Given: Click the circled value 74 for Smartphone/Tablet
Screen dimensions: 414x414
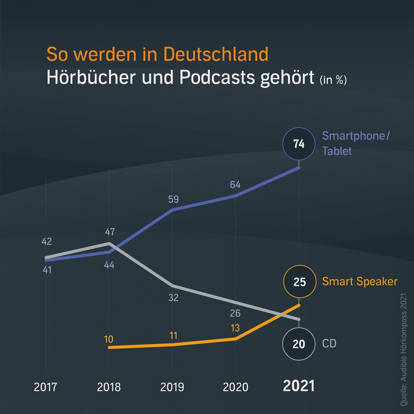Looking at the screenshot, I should (x=299, y=144).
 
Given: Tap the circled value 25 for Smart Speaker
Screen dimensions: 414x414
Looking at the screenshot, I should (x=300, y=282).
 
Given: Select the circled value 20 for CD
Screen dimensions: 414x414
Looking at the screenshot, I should (x=299, y=344).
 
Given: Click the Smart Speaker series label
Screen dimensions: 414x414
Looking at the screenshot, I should (x=360, y=282).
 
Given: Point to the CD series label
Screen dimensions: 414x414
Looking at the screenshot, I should (x=329, y=344).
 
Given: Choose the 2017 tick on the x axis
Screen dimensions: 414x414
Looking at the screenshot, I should (x=45, y=387).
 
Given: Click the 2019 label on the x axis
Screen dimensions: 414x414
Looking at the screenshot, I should (x=172, y=387).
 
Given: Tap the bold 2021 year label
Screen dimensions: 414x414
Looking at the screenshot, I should (x=299, y=386).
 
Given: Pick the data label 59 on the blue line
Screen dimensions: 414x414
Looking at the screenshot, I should (x=173, y=199).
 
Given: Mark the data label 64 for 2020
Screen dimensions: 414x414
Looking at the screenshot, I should (x=235, y=185).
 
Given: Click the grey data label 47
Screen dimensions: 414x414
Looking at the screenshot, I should (x=110, y=232).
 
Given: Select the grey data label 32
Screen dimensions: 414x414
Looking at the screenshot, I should (x=173, y=298).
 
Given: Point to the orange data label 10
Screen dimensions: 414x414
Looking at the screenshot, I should (x=109, y=339).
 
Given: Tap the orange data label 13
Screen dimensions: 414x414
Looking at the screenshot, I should (x=235, y=328).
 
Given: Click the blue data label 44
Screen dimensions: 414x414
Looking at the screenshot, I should (x=109, y=265).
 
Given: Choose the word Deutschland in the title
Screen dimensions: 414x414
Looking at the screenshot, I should (x=216, y=54).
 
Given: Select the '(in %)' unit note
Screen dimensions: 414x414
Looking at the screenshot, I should (x=333, y=80).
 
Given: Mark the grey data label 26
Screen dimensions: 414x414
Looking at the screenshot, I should (x=235, y=313).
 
